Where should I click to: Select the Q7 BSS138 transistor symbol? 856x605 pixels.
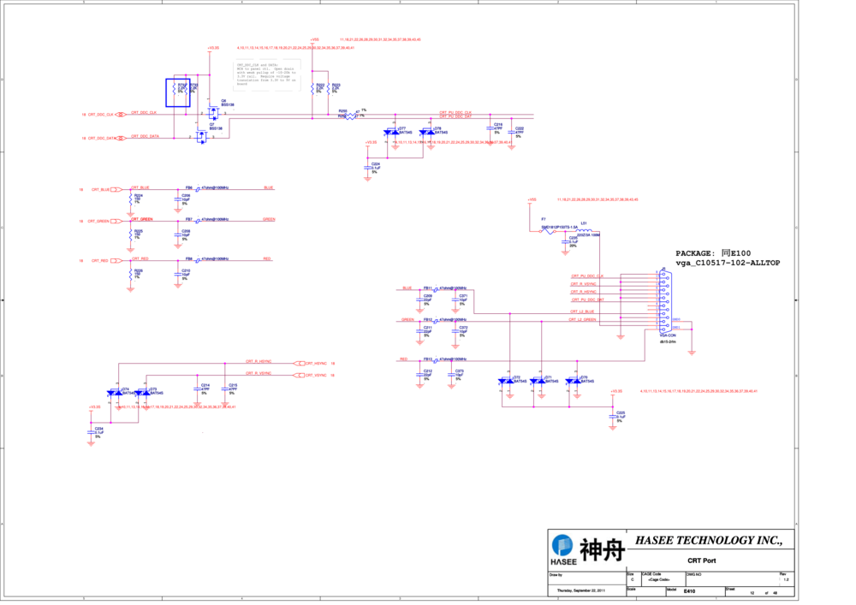[203, 136]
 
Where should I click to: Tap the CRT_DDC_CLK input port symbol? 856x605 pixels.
[121, 114]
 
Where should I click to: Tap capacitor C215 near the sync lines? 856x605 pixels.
[226, 389]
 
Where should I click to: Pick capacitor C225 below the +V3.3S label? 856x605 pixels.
[615, 417]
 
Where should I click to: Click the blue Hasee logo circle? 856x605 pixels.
[562, 545]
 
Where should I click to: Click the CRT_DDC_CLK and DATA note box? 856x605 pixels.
[267, 73]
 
